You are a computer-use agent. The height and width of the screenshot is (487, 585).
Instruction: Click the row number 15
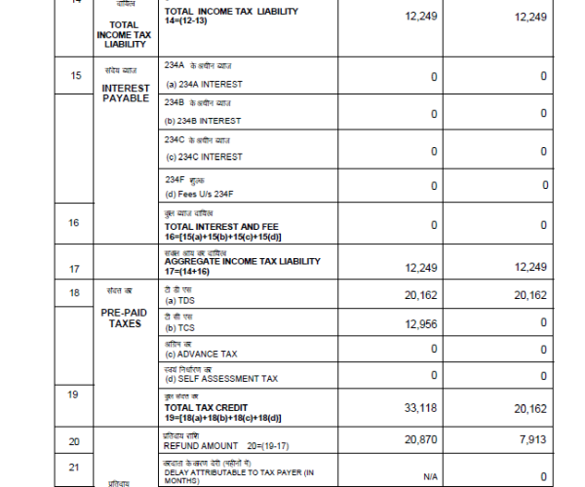click(x=75, y=76)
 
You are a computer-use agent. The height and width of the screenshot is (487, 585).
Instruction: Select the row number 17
click(x=75, y=268)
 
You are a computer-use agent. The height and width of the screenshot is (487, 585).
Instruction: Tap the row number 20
click(x=75, y=441)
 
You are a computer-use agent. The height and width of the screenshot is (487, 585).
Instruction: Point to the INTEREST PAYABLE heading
click(x=126, y=94)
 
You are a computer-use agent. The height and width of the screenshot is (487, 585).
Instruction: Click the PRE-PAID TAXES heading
click(x=126, y=318)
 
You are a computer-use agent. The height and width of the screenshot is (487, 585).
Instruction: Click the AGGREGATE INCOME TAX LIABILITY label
click(x=242, y=262)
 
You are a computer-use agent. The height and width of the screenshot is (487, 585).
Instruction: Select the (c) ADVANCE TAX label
click(x=202, y=354)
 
